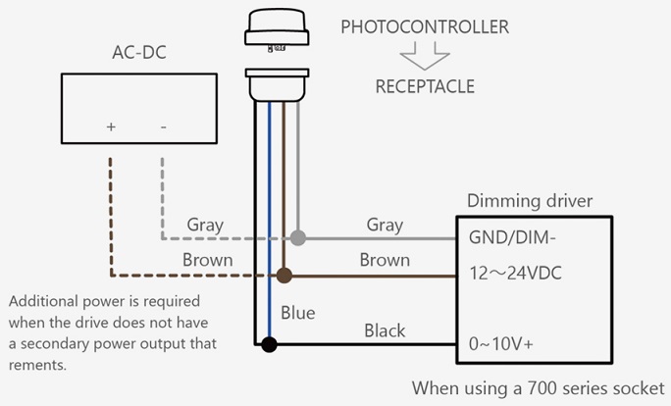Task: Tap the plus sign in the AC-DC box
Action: [111, 127]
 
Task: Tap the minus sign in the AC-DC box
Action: [162, 127]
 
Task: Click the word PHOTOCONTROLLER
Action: [425, 26]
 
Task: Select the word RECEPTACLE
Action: [425, 86]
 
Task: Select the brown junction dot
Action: [284, 276]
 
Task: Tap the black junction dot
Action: [269, 344]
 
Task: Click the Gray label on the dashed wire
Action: [205, 225]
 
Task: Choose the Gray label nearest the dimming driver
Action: [385, 225]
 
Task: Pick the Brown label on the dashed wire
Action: [207, 260]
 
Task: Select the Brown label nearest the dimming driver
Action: [385, 260]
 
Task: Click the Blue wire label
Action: [298, 313]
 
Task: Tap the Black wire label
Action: [385, 330]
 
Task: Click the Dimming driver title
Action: [529, 201]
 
